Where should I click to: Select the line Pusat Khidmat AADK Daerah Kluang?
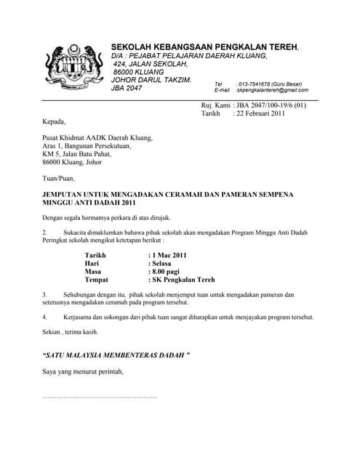[x=97, y=137]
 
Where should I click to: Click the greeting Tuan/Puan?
[x=58, y=178]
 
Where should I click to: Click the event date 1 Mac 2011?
[x=168, y=255]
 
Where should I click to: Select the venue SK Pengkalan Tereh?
[x=183, y=280]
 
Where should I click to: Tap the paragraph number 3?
[x=44, y=294]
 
